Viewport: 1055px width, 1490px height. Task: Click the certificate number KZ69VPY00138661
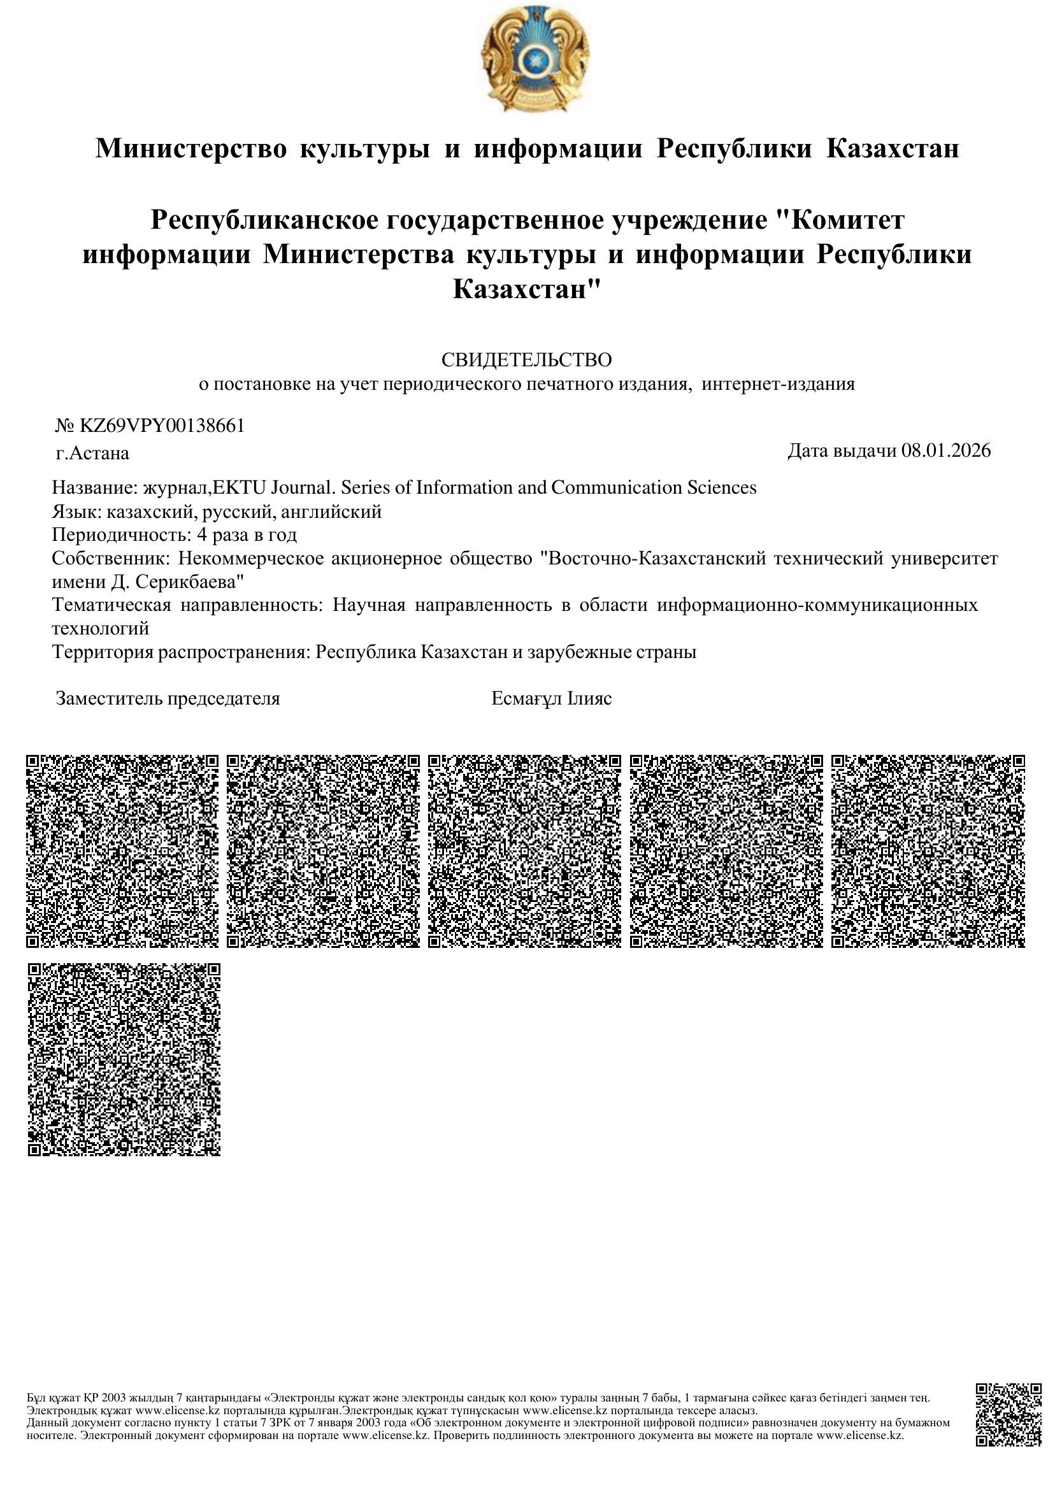pyautogui.click(x=162, y=426)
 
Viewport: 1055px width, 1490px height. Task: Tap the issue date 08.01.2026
pyautogui.click(x=946, y=451)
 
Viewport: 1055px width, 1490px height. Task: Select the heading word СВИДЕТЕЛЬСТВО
pyautogui.click(x=527, y=359)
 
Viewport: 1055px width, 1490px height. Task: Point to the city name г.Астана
pyautogui.click(x=92, y=454)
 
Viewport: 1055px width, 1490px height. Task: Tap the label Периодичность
pyautogui.click(x=121, y=535)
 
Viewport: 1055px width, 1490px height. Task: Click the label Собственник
pyautogui.click(x=110, y=559)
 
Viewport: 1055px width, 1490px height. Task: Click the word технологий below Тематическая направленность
pyautogui.click(x=101, y=629)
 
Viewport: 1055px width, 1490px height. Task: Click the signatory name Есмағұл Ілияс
pyautogui.click(x=552, y=699)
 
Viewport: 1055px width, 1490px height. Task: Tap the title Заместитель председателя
pyautogui.click(x=168, y=699)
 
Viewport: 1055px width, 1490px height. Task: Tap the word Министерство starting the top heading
pyautogui.click(x=191, y=148)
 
